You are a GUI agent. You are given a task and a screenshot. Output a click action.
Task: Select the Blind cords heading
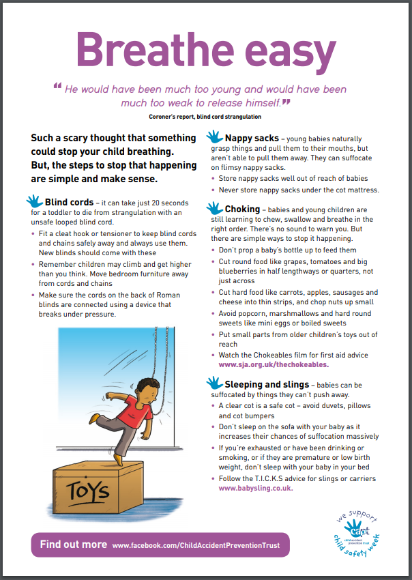pos(69,203)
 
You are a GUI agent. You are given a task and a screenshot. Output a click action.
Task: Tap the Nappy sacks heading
pos(252,139)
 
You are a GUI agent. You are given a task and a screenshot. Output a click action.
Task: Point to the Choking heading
pos(242,209)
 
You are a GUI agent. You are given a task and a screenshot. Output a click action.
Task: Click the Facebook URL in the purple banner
pos(196,546)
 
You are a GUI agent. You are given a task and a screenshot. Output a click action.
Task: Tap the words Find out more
pos(73,545)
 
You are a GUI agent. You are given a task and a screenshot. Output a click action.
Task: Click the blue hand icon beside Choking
pos(214,208)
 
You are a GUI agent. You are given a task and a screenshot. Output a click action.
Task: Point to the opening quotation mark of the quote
pos(57,87)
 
